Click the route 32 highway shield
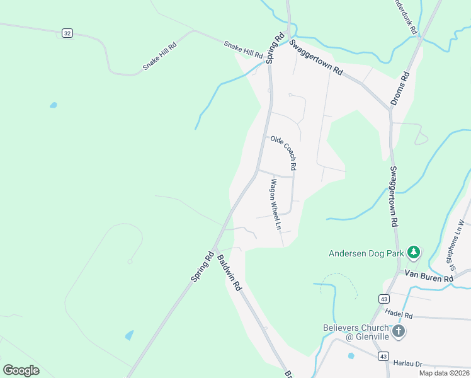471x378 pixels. coord(67,33)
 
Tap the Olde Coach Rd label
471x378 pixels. coord(283,153)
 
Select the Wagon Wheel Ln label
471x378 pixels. coord(275,204)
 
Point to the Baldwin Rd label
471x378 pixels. coord(229,272)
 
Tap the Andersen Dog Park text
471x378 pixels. coord(366,254)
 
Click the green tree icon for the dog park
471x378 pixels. coord(413,253)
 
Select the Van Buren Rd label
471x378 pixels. coord(429,277)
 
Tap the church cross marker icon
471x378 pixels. coord(398,331)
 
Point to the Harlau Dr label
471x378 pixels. coord(408,364)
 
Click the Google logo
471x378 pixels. coord(21,370)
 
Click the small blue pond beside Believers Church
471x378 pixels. coord(351,355)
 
